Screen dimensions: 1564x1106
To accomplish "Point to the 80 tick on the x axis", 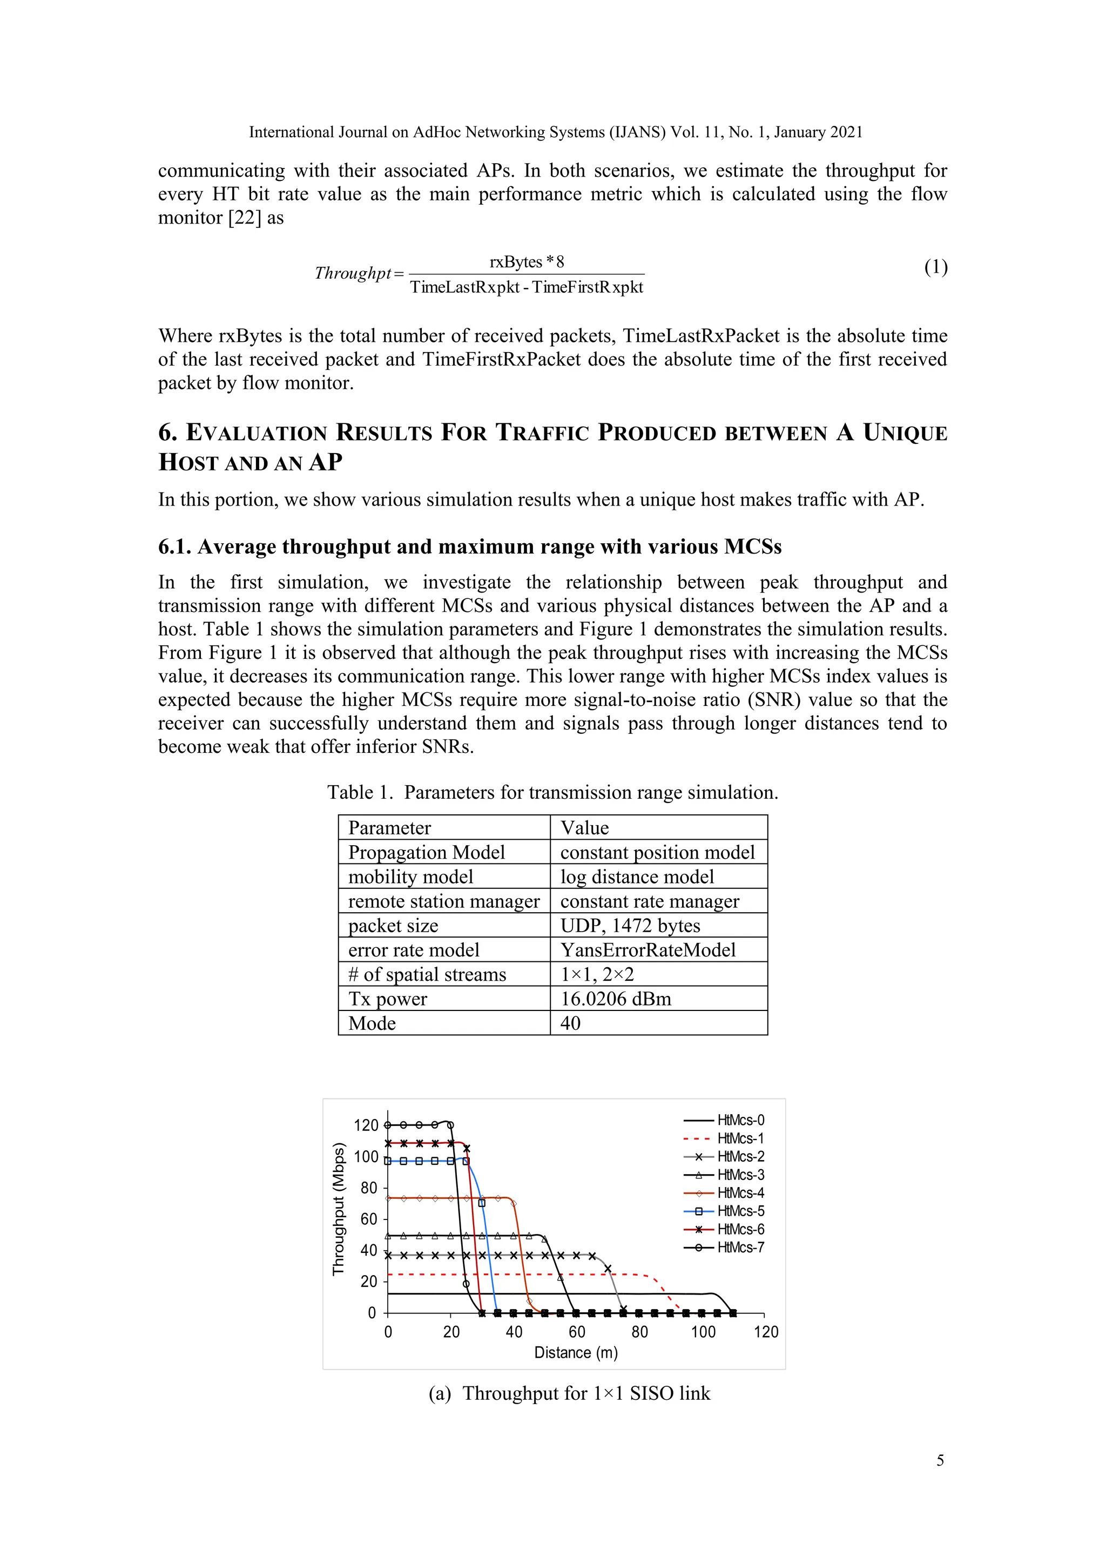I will click(x=639, y=1332).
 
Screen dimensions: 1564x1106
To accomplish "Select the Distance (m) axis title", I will click(x=576, y=1353).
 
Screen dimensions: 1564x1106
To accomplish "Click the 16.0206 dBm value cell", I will click(x=616, y=999).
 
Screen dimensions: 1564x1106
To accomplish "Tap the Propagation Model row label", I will click(x=426, y=852).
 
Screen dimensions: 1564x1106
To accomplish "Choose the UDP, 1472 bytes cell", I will click(x=630, y=925).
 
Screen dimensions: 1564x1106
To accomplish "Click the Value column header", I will click(x=584, y=828).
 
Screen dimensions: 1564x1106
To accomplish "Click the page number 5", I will click(x=940, y=1460).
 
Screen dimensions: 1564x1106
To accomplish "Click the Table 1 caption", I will click(x=552, y=792).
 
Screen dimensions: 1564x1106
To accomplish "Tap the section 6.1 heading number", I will click(x=175, y=547).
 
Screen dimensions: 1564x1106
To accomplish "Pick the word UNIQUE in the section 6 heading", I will click(x=905, y=433).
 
